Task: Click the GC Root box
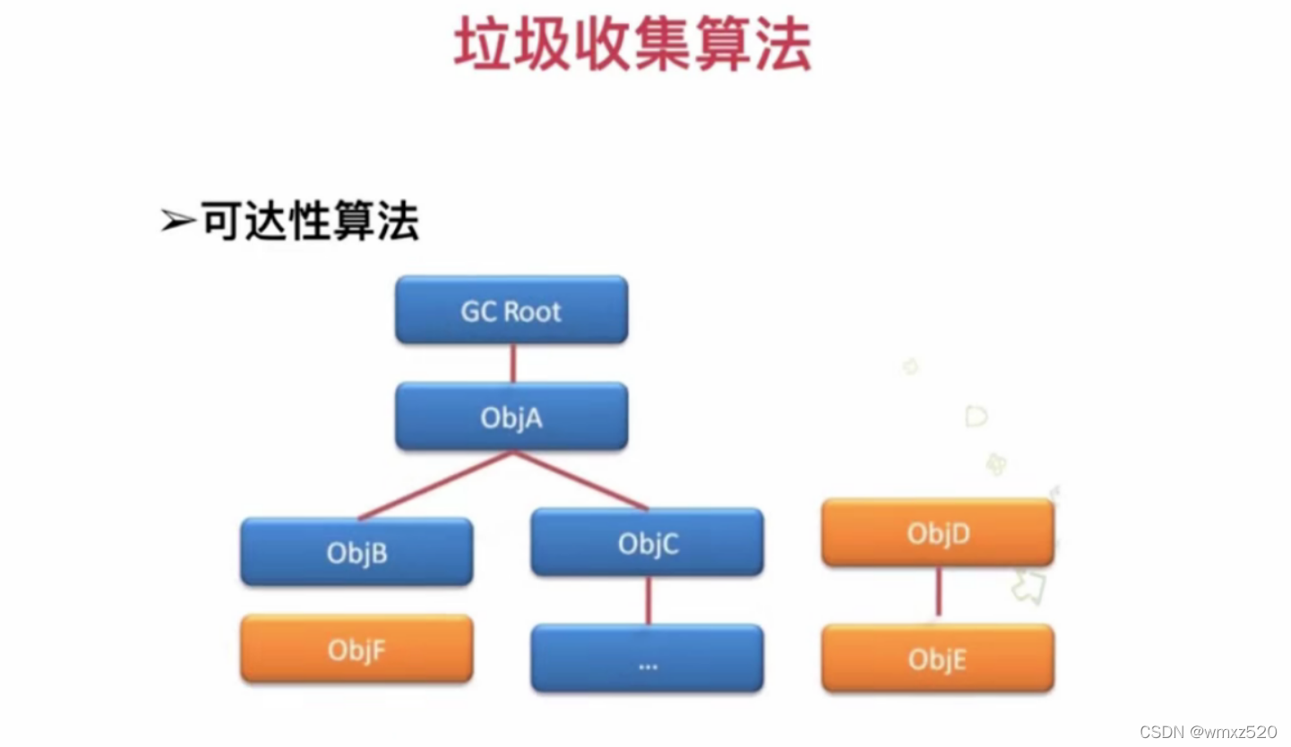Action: tap(512, 310)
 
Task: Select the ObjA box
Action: tap(512, 416)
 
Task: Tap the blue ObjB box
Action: tap(357, 552)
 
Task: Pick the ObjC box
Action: tap(647, 543)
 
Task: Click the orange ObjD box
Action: tap(938, 533)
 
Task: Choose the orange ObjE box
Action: tap(938, 658)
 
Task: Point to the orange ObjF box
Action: tap(357, 648)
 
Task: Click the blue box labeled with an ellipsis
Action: tap(647, 658)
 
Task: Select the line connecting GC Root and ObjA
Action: tap(512, 363)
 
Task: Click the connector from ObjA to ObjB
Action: tap(436, 485)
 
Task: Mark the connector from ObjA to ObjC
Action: tap(581, 480)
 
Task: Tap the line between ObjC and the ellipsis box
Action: tap(648, 600)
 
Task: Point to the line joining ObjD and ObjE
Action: tap(938, 594)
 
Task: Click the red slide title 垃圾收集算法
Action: tap(633, 47)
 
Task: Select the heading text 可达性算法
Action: tap(310, 220)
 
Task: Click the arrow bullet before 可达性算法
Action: tap(177, 221)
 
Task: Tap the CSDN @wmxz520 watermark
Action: tap(1208, 732)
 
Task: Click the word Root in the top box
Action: tap(533, 311)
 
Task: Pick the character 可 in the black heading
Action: tap(219, 220)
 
